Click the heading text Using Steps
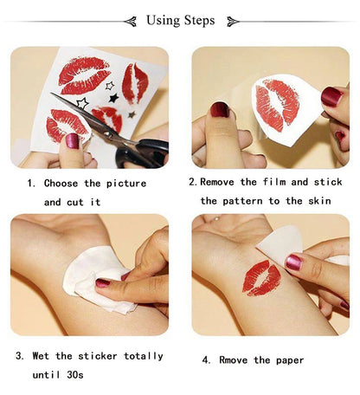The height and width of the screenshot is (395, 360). coord(180,21)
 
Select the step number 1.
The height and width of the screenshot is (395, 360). coord(30,184)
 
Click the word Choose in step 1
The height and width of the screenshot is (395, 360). coord(61,184)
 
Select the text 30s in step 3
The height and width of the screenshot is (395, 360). coord(87,374)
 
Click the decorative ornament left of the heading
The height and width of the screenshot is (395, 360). coord(130,21)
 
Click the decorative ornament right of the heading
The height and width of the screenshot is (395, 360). coord(231,21)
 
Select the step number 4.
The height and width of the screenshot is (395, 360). coord(206,359)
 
